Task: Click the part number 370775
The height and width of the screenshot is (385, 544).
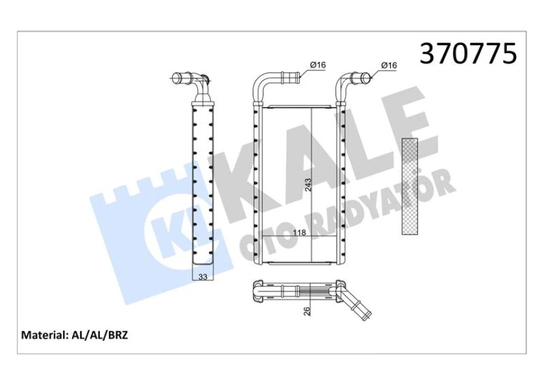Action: (x=469, y=54)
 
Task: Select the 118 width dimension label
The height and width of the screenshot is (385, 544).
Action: (x=300, y=233)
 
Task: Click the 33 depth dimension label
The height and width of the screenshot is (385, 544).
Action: (x=203, y=276)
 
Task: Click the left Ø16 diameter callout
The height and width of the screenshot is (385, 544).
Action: (x=317, y=65)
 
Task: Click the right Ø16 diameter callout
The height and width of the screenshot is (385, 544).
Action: (x=388, y=65)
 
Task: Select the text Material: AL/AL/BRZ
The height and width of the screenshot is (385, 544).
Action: (x=75, y=335)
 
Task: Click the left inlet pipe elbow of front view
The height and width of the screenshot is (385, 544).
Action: (x=264, y=84)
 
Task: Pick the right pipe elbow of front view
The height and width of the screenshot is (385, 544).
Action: (x=347, y=84)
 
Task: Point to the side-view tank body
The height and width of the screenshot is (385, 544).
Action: (x=203, y=184)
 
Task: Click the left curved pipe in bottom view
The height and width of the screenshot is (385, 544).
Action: (x=259, y=292)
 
